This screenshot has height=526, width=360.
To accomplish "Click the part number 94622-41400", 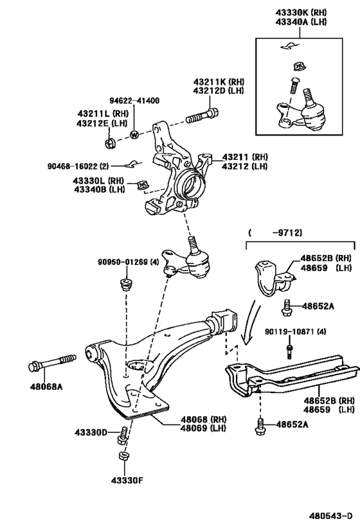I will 134,101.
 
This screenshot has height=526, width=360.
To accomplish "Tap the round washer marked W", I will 134,135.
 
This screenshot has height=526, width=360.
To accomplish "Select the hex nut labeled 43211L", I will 110,141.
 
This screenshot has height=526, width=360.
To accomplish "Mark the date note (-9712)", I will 275,232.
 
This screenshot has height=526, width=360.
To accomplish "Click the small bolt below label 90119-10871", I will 290,350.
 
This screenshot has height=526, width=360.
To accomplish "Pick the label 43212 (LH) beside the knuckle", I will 244,166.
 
